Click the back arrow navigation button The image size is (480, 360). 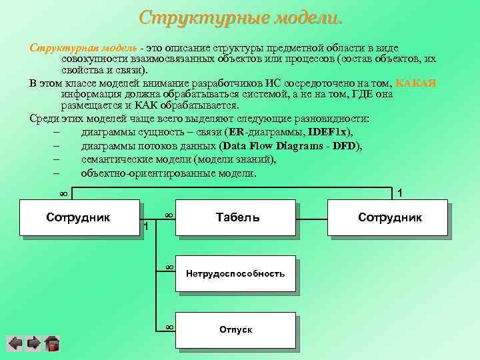click(x=15, y=344)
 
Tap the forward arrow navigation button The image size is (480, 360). click(x=33, y=344)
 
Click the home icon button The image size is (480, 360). click(x=52, y=344)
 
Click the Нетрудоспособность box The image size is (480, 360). click(x=235, y=273)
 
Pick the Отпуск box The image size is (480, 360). click(x=235, y=330)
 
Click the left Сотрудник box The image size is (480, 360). click(x=79, y=217)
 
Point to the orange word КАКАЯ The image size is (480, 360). click(x=415, y=83)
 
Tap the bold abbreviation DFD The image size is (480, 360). click(x=345, y=146)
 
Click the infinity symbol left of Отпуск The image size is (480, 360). click(x=169, y=327)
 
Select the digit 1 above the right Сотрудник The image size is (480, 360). click(x=399, y=193)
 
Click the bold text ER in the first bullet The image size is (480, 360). click(x=235, y=133)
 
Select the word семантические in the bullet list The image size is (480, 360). click(x=114, y=159)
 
